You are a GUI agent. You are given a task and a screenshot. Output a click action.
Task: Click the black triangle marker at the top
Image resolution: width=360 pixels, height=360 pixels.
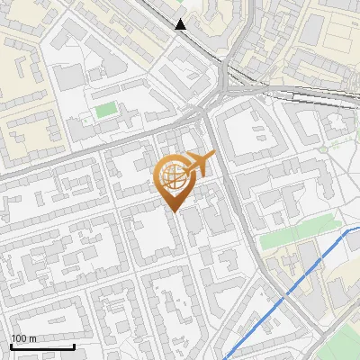pos(182,24)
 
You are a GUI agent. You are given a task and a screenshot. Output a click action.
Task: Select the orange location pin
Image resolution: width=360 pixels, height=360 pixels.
pos(176,180)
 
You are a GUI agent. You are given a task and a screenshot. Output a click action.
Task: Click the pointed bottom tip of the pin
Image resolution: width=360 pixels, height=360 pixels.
pos(175,211)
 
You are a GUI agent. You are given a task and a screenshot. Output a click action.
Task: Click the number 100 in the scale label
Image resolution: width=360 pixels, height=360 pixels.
pos(19,339)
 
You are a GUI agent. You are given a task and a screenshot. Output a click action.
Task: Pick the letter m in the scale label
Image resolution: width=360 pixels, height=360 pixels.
pos(32,339)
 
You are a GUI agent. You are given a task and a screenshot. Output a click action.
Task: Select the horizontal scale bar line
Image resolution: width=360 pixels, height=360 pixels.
pos(42,346)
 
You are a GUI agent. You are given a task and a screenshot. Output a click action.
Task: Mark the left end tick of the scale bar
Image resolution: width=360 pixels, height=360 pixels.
pos(11,345)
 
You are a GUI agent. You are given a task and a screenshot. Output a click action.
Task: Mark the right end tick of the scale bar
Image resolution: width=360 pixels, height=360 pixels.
pos(74,345)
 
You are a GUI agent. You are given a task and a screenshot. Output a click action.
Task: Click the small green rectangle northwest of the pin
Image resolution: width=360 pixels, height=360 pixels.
pos(106,111)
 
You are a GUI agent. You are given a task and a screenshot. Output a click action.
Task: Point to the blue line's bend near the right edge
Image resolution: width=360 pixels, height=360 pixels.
pos(348,231)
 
